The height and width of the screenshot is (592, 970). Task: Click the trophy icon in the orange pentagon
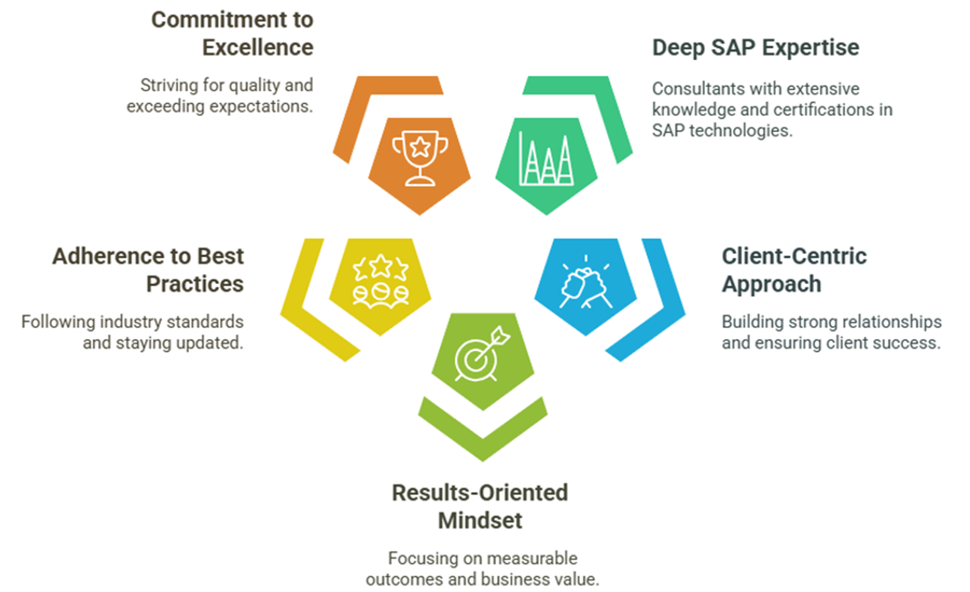(x=420, y=159)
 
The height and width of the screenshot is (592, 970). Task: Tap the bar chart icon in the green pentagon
(x=546, y=159)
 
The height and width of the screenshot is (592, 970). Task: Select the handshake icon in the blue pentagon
(x=586, y=282)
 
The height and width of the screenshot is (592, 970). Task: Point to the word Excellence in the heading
(x=258, y=47)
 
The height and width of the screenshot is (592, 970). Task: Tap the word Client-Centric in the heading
(x=794, y=256)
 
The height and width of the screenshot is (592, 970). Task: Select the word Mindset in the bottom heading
(x=480, y=520)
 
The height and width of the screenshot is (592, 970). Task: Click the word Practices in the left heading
(x=195, y=284)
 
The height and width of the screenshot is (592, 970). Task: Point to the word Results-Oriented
(x=480, y=492)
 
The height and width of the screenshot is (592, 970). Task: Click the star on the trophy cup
(x=420, y=147)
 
